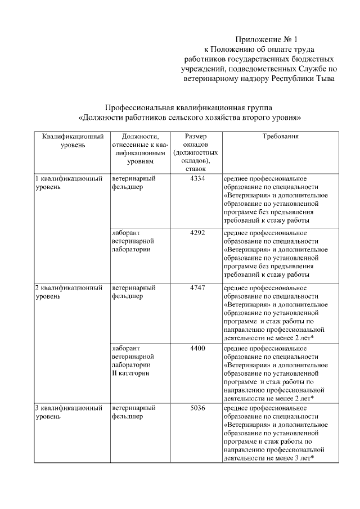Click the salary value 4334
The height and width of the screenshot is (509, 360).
click(x=197, y=179)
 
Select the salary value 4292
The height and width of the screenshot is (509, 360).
click(x=197, y=232)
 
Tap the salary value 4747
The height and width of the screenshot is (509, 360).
click(x=197, y=287)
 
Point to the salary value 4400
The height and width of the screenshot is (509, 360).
click(x=197, y=349)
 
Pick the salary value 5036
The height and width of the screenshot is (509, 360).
click(x=197, y=408)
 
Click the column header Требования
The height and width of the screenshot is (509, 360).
click(x=280, y=137)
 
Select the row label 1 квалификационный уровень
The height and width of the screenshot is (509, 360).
click(x=69, y=183)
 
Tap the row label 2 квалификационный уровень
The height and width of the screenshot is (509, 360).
click(x=69, y=291)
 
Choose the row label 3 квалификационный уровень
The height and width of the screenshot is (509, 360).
click(x=69, y=412)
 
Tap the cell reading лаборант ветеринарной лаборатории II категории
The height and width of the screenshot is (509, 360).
click(x=133, y=361)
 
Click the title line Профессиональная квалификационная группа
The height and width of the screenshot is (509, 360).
click(x=191, y=107)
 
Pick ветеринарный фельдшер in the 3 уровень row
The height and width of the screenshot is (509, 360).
click(x=133, y=412)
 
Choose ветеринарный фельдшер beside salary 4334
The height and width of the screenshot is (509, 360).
click(x=133, y=183)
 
